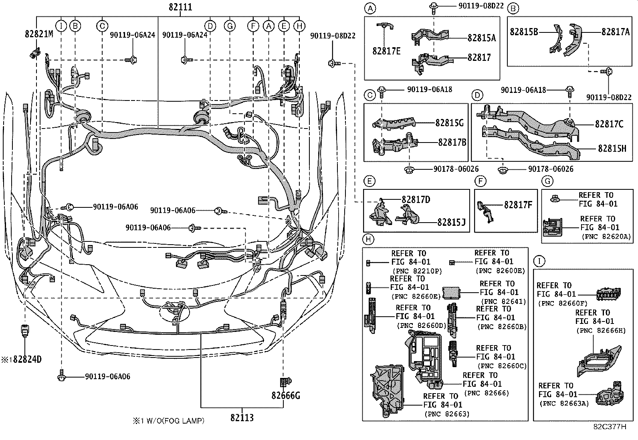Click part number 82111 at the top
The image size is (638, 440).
coord(180,7)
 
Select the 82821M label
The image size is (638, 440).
coord(38,34)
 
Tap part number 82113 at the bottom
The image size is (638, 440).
coord(242,418)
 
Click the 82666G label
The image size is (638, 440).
coord(285,396)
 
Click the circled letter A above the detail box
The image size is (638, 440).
coord(370,8)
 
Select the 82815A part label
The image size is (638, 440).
coord(481,38)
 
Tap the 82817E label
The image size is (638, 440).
coord(386,51)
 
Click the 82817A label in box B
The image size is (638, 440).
coord(615,32)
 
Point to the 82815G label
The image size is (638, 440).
coord(449,123)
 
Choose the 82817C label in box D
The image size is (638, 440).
coord(609,125)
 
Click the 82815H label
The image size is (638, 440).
coord(612,149)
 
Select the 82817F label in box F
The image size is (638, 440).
coord(518,205)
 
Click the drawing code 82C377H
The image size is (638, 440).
coord(610,426)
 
